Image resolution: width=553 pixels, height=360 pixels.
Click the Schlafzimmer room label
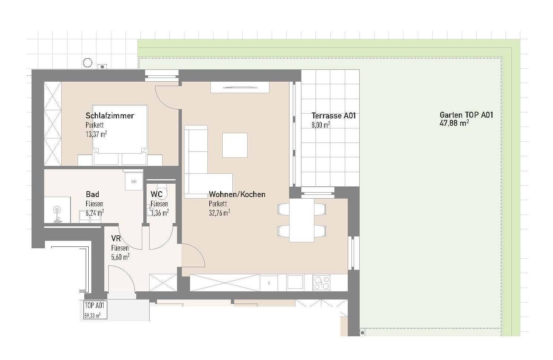click(110, 115)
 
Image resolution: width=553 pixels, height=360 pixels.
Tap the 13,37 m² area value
click(96, 134)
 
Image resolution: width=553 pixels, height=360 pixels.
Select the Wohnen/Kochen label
click(237, 194)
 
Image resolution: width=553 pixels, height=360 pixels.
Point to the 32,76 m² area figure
click(219, 213)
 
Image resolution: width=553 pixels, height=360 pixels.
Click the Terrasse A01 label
click(334, 115)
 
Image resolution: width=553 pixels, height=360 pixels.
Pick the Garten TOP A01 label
click(467, 115)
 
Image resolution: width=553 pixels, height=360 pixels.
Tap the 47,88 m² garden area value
click(454, 123)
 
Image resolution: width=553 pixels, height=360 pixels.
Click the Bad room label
click(92, 194)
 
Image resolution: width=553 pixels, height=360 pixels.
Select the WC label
click(157, 194)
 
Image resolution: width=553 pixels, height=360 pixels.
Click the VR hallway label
click(116, 239)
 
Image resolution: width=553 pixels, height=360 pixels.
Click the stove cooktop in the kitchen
click(321, 283)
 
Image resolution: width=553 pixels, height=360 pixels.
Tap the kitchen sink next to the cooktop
click(295, 282)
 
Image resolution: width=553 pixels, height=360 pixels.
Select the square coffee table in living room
click(235, 145)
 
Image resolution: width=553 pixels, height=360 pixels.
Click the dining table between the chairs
click(302, 220)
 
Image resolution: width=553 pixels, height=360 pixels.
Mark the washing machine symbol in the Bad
click(134, 181)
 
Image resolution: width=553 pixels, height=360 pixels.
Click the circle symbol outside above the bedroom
click(87, 63)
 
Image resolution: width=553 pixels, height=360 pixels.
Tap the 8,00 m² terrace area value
click(321, 125)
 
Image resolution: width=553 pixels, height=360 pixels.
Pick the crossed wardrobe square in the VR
click(163, 283)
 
